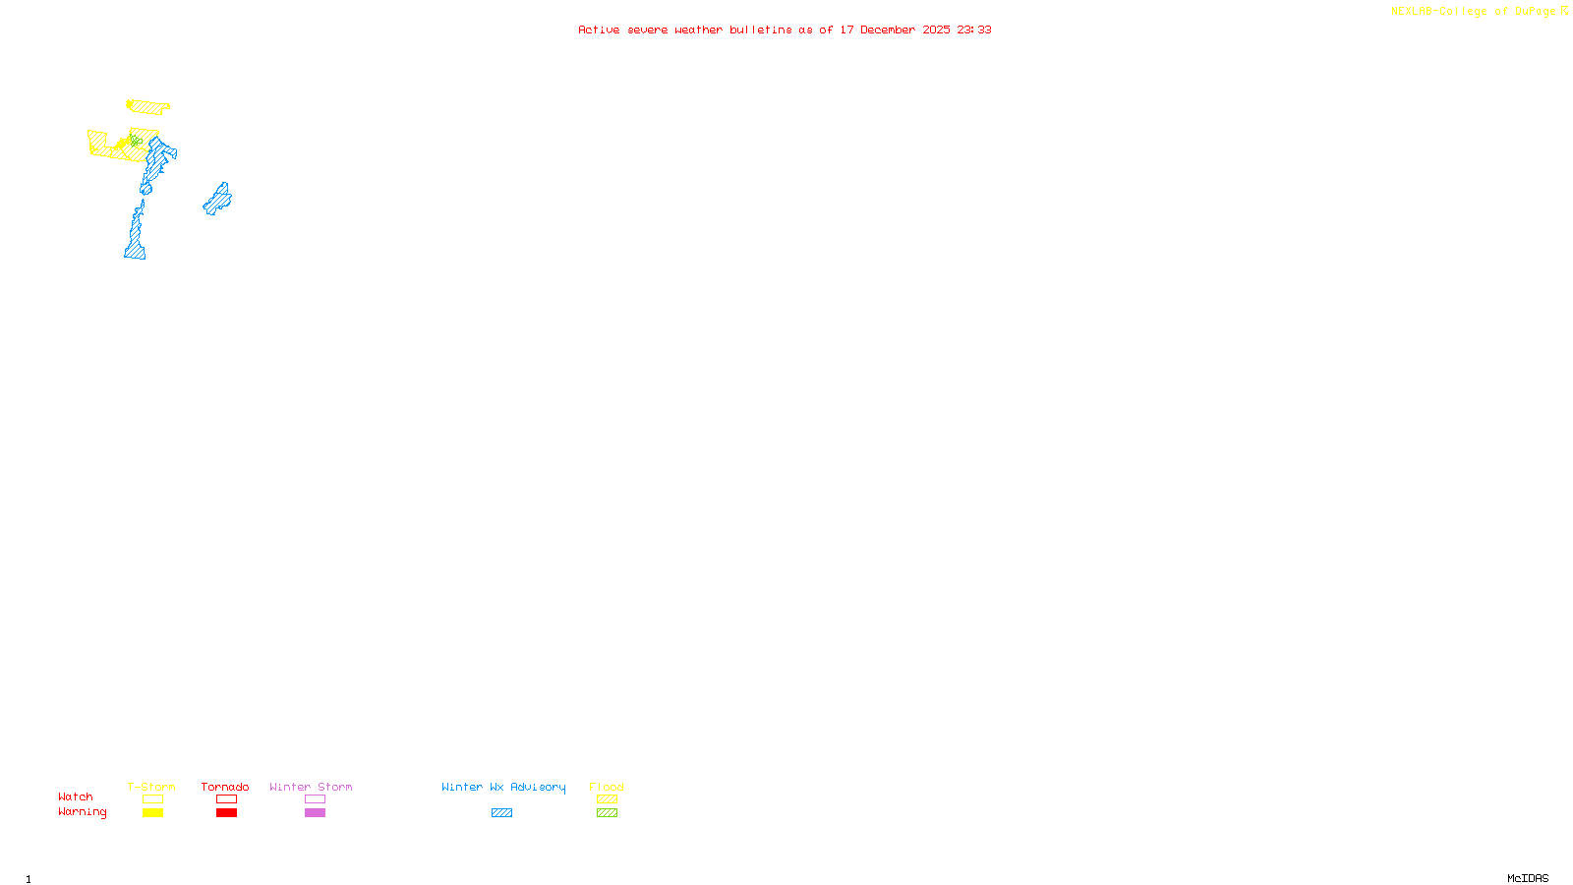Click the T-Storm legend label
[151, 787]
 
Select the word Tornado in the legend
[225, 787]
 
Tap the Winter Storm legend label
[311, 787]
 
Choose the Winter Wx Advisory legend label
[503, 787]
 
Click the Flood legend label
[607, 787]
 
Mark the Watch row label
[76, 796]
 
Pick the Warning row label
[83, 812]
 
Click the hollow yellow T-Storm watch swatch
[152, 799]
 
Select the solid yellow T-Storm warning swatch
[152, 813]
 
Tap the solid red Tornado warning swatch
[226, 813]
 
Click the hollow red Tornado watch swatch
[226, 799]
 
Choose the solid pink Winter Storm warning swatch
[315, 813]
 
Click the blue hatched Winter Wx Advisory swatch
[501, 813]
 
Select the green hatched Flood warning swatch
[607, 813]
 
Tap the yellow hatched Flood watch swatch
[607, 799]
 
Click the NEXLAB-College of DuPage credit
[1474, 12]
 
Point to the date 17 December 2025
[895, 29]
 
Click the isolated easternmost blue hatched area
[218, 200]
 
